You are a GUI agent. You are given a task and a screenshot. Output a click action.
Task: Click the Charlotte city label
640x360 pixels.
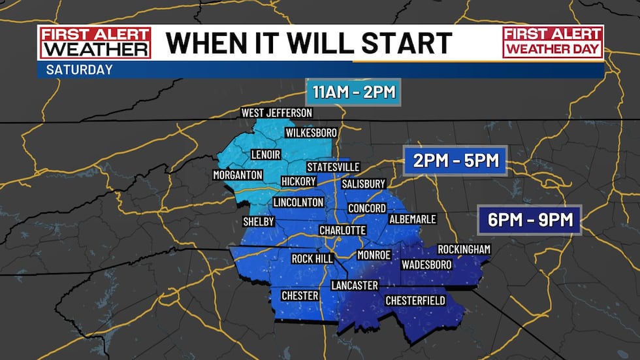coord(342,231)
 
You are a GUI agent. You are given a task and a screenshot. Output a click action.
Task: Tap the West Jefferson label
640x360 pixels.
coord(277,113)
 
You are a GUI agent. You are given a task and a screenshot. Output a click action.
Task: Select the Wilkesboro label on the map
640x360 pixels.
coord(311,133)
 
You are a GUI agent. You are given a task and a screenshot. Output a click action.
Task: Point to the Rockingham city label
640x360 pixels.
coord(464,250)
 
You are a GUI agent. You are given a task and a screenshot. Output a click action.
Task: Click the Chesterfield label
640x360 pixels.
coord(415,301)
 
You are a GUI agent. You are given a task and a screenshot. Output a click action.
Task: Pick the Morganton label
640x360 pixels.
coord(238,175)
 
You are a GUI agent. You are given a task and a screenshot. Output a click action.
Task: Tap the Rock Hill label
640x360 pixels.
coord(312,259)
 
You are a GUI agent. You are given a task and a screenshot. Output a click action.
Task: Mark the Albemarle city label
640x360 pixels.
coord(412,219)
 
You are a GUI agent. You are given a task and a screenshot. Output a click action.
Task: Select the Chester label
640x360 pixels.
coord(300,296)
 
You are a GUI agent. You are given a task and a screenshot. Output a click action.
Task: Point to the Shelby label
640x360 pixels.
coord(259,221)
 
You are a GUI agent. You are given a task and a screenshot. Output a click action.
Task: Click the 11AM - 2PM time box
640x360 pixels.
coord(353,92)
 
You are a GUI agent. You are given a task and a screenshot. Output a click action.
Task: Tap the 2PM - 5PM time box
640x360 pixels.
coord(455,159)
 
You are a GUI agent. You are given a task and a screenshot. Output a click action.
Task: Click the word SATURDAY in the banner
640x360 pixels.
coord(80,69)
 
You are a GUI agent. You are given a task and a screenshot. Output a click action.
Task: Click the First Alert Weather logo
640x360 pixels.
coord(94,42)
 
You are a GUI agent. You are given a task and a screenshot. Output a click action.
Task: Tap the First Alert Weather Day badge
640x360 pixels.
coord(552,42)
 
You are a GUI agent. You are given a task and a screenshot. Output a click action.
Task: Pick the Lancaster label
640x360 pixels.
coord(354,286)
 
